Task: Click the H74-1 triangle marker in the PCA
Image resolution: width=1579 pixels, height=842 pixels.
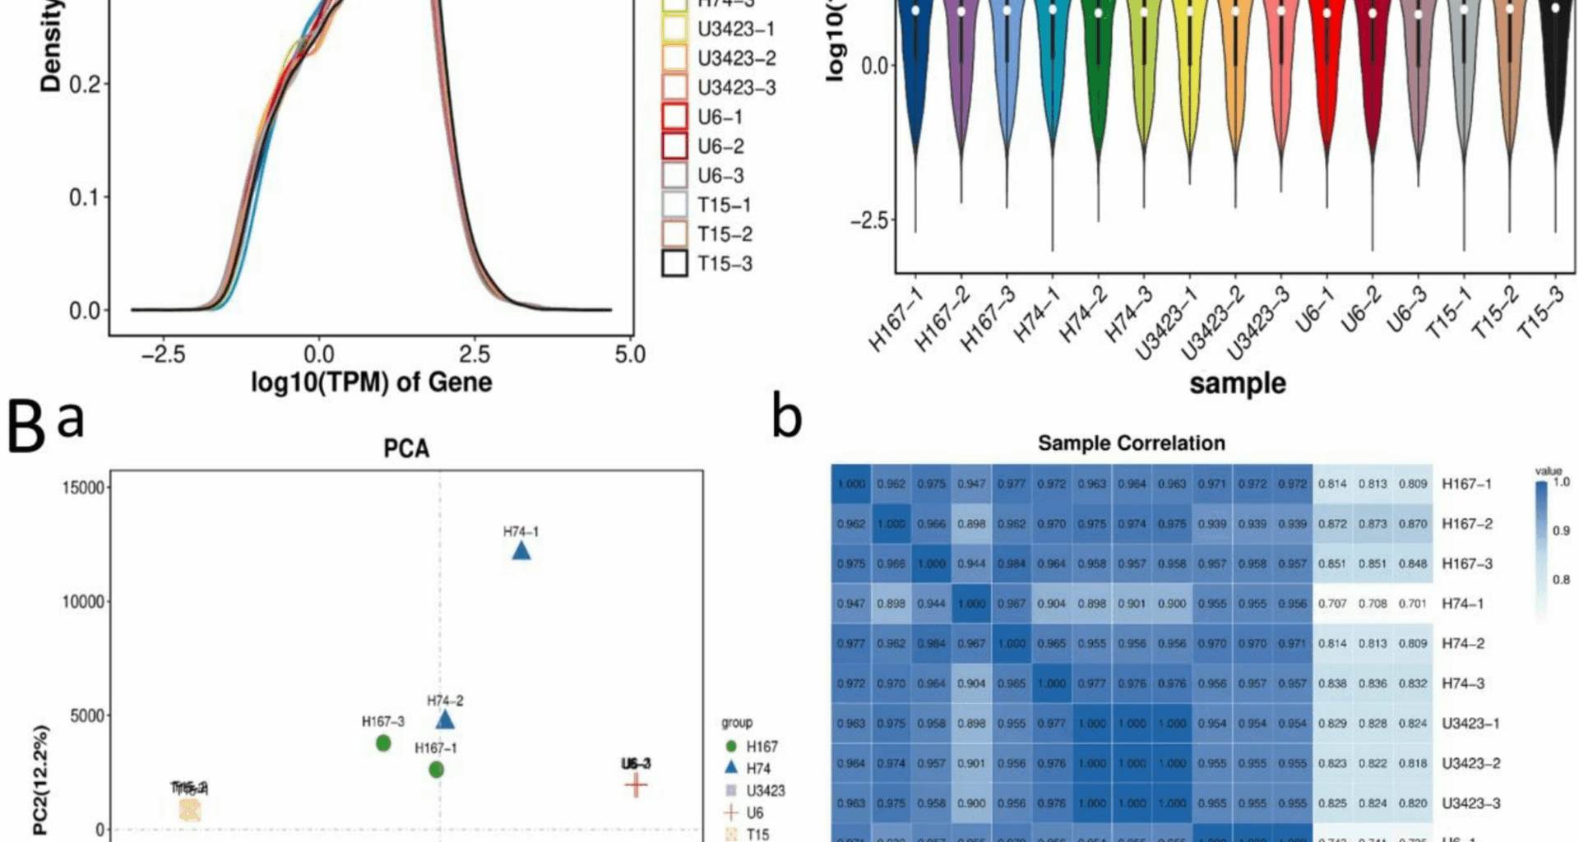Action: pos(521,550)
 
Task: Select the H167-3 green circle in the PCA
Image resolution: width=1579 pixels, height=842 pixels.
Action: pos(383,743)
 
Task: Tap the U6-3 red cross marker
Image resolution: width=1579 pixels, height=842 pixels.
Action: pos(636,785)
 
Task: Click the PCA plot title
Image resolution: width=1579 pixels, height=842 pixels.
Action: pos(406,449)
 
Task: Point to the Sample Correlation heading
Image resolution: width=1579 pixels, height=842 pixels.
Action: pos(1131,443)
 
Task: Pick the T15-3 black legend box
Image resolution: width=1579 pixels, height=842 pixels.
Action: pos(675,264)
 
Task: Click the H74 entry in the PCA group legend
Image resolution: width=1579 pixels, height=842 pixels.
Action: pos(757,768)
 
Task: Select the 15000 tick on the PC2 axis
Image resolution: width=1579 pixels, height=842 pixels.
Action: pos(83,488)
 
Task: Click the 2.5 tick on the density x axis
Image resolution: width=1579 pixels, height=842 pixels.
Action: pos(474,354)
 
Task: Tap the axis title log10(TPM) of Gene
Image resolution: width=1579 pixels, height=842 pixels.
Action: pos(372,382)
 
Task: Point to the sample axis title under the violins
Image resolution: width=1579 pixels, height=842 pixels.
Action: pos(1237,383)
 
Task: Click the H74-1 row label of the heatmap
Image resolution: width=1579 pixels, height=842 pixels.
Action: pos(1463,604)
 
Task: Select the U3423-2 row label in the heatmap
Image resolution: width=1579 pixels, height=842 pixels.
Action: pos(1470,763)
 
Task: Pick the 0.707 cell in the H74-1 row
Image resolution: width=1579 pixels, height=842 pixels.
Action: pos(1332,604)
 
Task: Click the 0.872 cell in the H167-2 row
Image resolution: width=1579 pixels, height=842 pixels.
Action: pos(1332,524)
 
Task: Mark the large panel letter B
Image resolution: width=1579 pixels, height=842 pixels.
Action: pos(26,426)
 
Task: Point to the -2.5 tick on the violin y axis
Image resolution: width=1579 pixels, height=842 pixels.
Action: pos(871,221)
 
